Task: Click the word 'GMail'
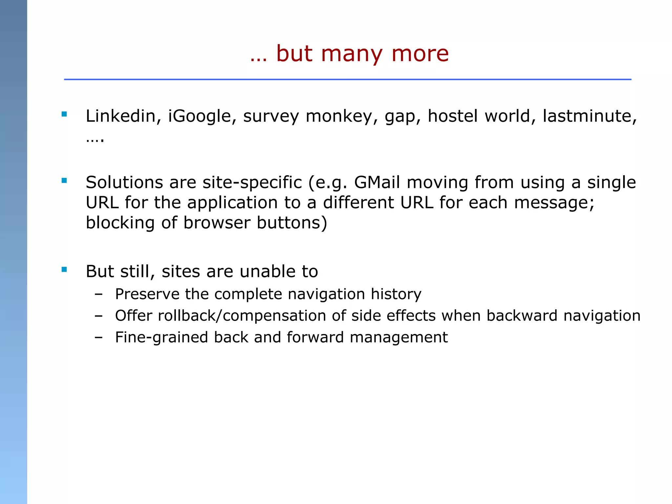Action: [x=377, y=182]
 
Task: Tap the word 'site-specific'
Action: [x=252, y=183]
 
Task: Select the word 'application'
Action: [x=232, y=203]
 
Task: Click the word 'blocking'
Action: [x=120, y=223]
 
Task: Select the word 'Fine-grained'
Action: [x=161, y=338]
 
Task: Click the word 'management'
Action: [x=399, y=338]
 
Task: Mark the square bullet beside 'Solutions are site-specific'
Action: [x=64, y=180]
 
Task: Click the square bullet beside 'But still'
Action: [x=64, y=269]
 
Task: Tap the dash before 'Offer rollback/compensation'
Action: [x=98, y=316]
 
